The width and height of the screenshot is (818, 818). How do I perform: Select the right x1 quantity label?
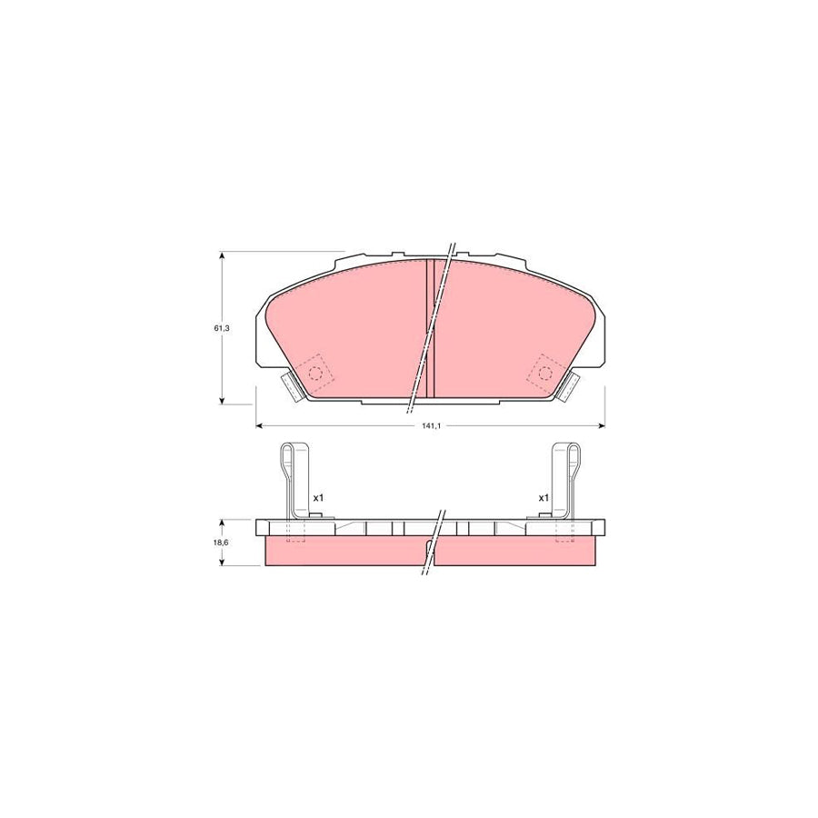[544, 498]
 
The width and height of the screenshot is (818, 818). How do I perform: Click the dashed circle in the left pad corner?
[316, 373]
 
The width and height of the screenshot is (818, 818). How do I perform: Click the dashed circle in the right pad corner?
[545, 373]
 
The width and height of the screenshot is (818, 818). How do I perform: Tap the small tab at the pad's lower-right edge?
[571, 386]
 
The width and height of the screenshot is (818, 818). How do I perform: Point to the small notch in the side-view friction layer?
[428, 545]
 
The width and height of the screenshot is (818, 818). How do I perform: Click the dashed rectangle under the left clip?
[296, 532]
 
